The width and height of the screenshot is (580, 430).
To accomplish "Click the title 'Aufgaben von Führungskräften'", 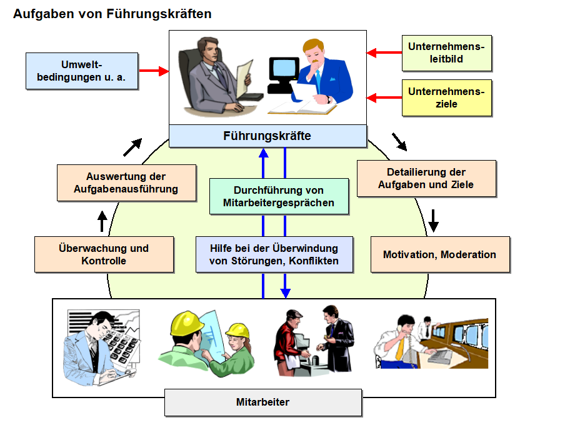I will click(112, 14).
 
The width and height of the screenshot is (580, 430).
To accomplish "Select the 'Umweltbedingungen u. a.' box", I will click(81, 71).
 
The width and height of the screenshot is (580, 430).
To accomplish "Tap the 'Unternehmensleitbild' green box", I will click(447, 53).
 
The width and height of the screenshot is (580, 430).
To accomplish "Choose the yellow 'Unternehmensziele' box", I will click(447, 97).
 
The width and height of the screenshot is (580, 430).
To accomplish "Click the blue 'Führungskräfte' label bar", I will click(267, 136).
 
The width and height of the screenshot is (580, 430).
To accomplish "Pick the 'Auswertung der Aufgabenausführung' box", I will click(126, 182).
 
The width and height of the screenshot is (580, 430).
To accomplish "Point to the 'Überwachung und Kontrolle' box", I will click(104, 254).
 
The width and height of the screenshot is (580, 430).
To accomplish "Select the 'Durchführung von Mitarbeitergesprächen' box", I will click(279, 196).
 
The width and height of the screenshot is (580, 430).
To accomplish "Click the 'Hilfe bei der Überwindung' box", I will click(274, 254).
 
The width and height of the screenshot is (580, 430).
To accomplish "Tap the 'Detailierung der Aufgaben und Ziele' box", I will click(426, 178).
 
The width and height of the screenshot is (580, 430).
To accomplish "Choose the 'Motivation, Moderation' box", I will click(439, 254).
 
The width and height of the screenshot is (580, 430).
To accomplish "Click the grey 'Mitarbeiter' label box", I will click(263, 402).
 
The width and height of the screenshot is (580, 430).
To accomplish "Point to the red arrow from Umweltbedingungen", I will click(154, 71).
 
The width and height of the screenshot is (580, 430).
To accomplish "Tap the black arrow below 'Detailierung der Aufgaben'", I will click(433, 219).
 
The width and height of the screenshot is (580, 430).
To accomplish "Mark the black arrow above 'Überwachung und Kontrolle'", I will click(102, 221).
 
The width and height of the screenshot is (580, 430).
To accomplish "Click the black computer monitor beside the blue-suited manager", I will click(284, 70).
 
